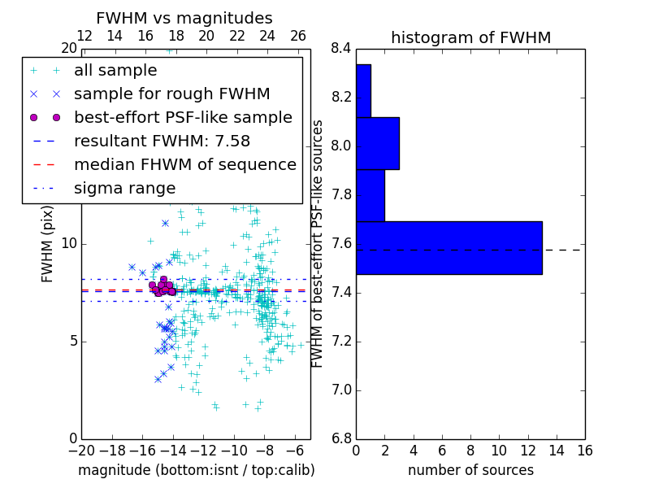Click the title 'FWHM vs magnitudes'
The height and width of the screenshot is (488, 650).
tap(184, 18)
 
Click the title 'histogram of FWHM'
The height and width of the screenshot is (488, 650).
tap(470, 37)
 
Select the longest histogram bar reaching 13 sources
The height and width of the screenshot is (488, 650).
tap(448, 248)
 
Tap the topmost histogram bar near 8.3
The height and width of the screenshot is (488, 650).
tap(363, 91)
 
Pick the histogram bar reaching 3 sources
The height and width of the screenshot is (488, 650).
tap(378, 143)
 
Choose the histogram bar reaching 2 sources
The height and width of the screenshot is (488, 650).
tap(370, 195)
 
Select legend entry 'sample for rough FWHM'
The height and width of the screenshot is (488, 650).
tap(171, 94)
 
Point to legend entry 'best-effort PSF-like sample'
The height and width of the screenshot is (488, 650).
tap(183, 117)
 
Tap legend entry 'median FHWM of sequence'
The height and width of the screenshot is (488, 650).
tap(184, 164)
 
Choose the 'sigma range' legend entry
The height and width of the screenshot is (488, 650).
tap(124, 188)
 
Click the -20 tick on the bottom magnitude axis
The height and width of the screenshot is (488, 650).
tap(81, 450)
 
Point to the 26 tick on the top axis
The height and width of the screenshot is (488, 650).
tap(298, 36)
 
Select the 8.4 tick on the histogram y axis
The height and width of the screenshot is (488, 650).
tap(340, 49)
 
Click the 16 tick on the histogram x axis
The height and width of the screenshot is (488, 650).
tap(584, 450)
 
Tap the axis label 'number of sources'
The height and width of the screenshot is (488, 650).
tap(470, 470)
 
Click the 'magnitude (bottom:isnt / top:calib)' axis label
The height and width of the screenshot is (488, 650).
tap(196, 470)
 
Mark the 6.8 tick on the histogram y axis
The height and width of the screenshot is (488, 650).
tap(340, 439)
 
